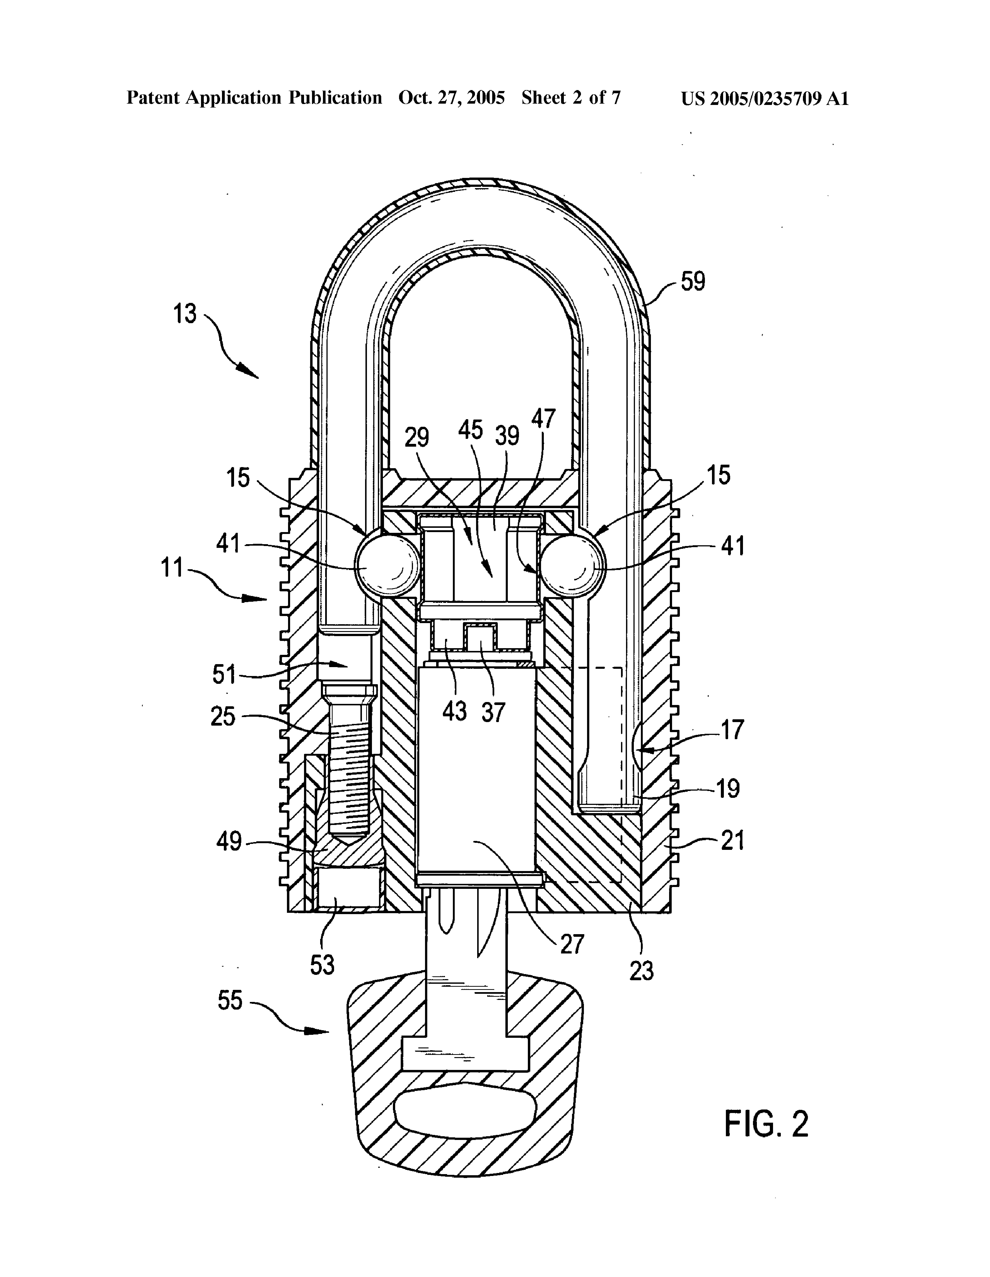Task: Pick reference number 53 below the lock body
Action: pyautogui.click(x=322, y=965)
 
